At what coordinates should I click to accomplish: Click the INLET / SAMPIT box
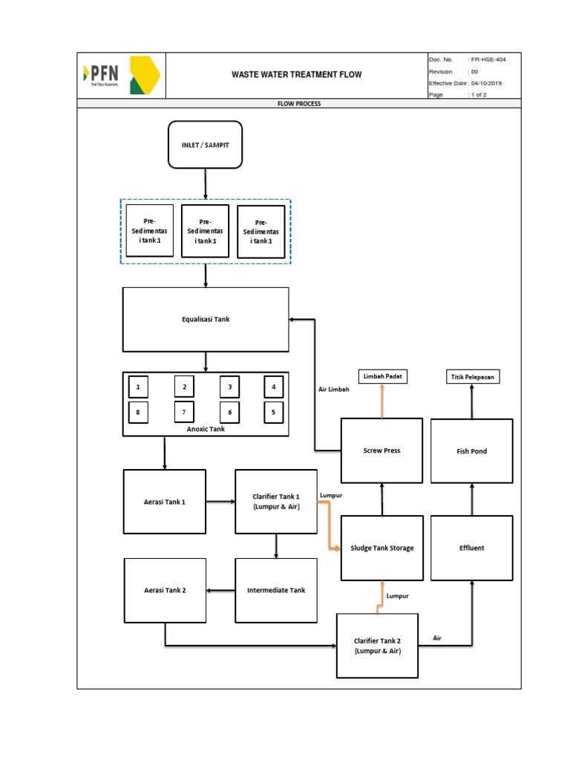206,144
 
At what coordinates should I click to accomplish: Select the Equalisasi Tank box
206,319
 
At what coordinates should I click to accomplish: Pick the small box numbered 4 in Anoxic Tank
274,387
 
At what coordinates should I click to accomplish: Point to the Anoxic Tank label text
206,428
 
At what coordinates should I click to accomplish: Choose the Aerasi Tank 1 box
165,501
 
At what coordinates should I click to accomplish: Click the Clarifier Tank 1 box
276,501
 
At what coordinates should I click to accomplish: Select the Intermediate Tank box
276,590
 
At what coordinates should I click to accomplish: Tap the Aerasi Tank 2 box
165,590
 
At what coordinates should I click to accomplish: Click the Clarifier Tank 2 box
378,645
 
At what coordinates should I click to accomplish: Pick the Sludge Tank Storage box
381,548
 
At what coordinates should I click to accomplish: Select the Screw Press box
381,451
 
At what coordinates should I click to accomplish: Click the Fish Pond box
472,451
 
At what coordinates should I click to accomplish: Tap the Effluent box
472,548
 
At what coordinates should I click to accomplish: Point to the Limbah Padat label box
382,377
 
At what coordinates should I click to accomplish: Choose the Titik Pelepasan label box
472,377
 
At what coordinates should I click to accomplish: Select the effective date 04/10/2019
486,83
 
